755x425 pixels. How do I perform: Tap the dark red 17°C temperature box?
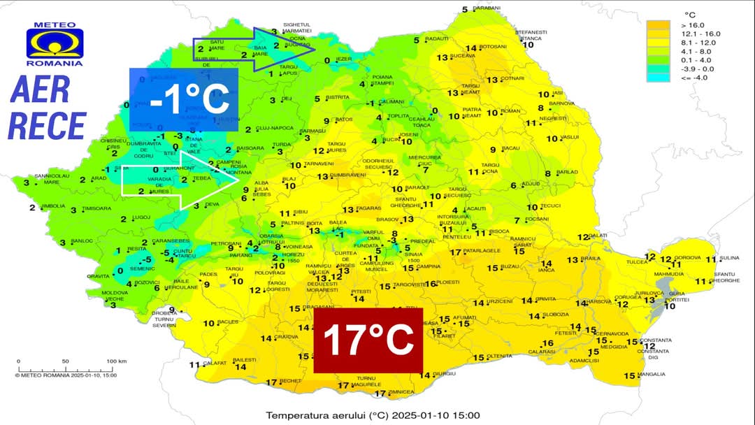click(x=368, y=340)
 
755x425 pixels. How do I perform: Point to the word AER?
click(x=41, y=89)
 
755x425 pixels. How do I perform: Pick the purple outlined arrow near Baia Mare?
click(x=251, y=49)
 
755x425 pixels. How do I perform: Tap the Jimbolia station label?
click(x=53, y=206)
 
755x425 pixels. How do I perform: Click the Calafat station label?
click(x=215, y=363)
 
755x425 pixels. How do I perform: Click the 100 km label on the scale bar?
click(x=116, y=361)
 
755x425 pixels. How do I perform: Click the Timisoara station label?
click(x=96, y=208)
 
